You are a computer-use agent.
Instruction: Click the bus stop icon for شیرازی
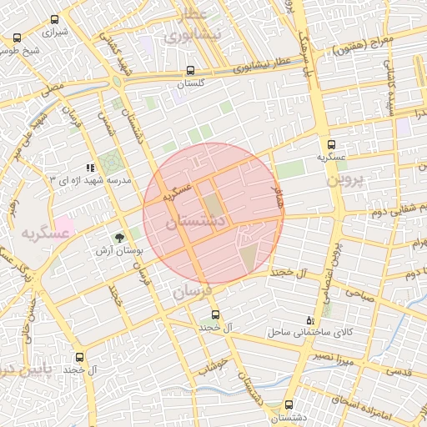point(18,38)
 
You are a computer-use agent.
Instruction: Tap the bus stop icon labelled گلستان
point(192,71)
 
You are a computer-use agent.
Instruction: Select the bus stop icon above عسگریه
point(334,144)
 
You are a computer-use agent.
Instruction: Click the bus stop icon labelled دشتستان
point(289,404)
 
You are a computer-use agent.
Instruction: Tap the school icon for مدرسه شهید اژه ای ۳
point(90,168)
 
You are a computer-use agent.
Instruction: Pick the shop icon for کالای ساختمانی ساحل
point(311,319)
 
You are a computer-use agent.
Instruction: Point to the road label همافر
point(278,198)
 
